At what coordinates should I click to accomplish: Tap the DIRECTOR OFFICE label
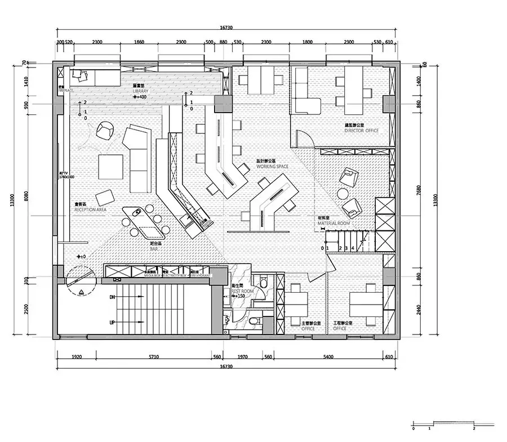(x=362, y=131)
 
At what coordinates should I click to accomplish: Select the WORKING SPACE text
(x=272, y=167)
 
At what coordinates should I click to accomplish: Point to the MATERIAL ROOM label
(x=333, y=224)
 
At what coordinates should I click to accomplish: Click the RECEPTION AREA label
(x=90, y=209)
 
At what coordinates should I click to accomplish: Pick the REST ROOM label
(x=240, y=291)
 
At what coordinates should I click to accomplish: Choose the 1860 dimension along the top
(x=139, y=42)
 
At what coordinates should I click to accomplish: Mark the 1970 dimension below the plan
(x=243, y=357)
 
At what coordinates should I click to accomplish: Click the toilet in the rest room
(x=255, y=323)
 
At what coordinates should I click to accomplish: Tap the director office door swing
(x=303, y=139)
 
